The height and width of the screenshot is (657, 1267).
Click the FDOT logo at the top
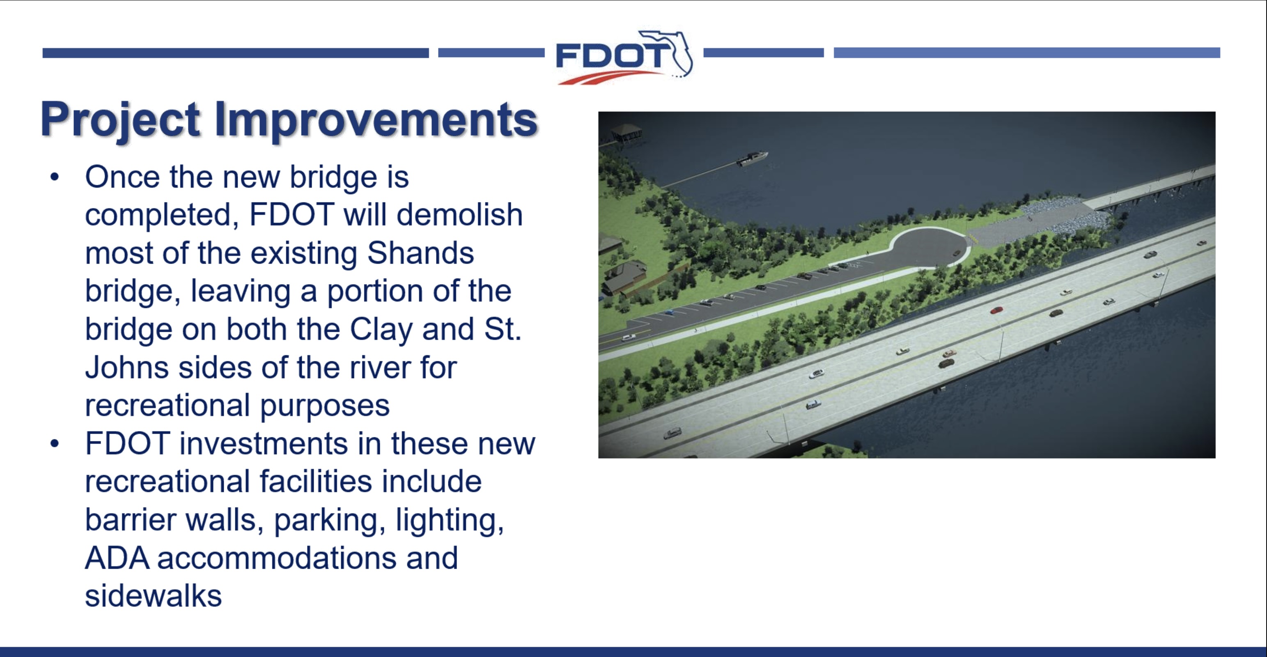(x=624, y=57)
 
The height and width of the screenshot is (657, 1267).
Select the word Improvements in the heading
(x=376, y=119)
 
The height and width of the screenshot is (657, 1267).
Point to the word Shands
(x=420, y=253)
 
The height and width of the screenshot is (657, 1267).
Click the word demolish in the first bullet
(x=459, y=215)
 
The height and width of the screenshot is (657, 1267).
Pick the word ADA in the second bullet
(x=117, y=558)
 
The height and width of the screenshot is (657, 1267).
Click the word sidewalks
(x=154, y=596)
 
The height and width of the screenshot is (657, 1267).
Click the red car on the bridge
(x=996, y=310)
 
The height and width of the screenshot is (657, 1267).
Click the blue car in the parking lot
(x=669, y=312)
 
